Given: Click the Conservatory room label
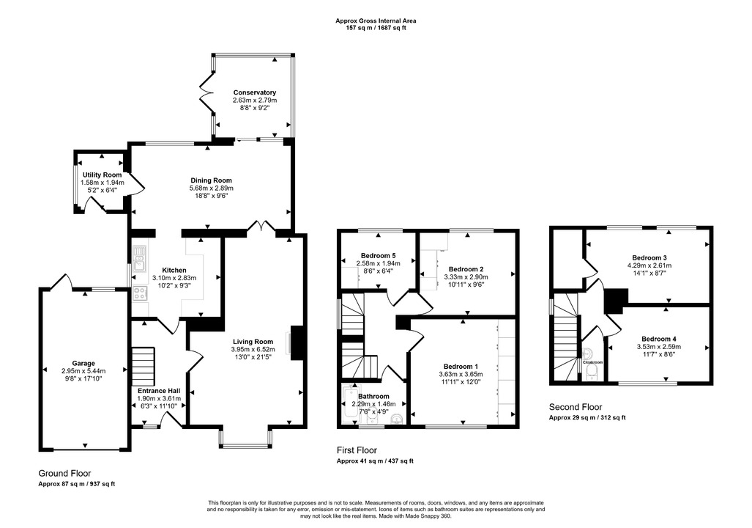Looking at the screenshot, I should (x=255, y=92).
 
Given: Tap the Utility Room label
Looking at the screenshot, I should (x=102, y=175).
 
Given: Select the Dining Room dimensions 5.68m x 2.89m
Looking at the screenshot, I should (x=211, y=188).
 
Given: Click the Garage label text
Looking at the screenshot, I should (x=83, y=363).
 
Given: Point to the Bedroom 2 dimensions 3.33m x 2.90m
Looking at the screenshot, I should (x=466, y=277).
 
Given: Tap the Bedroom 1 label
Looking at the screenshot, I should (x=461, y=367).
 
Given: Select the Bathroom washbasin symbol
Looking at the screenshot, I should (x=396, y=419).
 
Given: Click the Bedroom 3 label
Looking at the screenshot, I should (x=649, y=257).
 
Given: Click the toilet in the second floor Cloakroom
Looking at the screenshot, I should (x=592, y=373).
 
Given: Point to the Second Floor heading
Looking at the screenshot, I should (x=576, y=407).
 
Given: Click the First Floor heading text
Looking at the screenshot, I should (x=357, y=450).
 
